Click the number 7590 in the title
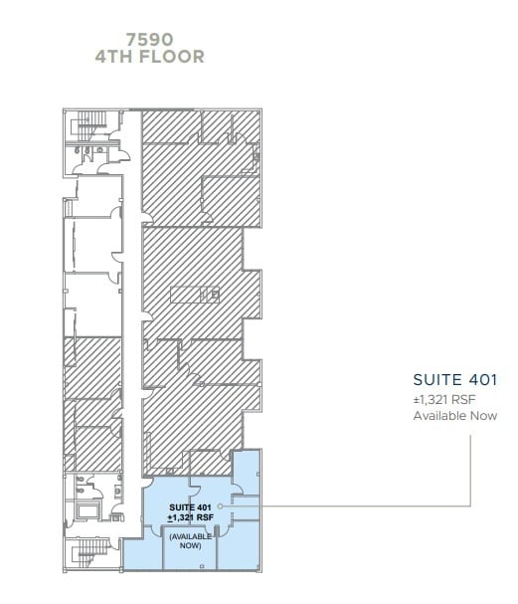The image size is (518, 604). [x=150, y=39]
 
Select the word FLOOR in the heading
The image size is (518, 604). [x=171, y=57]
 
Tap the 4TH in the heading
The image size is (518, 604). [x=114, y=57]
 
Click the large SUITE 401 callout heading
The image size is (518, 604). [x=455, y=380]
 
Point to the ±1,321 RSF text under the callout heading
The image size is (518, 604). [x=444, y=399]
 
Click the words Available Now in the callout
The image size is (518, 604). [x=455, y=416]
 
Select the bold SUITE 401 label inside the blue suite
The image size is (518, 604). [x=190, y=507]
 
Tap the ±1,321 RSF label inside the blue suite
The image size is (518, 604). [x=190, y=517]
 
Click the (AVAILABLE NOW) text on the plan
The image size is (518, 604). [x=191, y=541]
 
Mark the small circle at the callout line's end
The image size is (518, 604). [x=220, y=506]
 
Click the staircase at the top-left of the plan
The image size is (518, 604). [x=91, y=126]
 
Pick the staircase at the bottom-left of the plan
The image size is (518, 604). [x=92, y=552]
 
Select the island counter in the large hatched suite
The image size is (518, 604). [x=195, y=295]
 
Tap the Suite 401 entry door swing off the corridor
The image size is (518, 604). [x=148, y=483]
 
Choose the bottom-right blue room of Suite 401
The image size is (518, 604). [x=239, y=544]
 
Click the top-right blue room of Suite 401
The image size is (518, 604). [x=247, y=472]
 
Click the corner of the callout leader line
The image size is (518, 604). [x=470, y=505]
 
